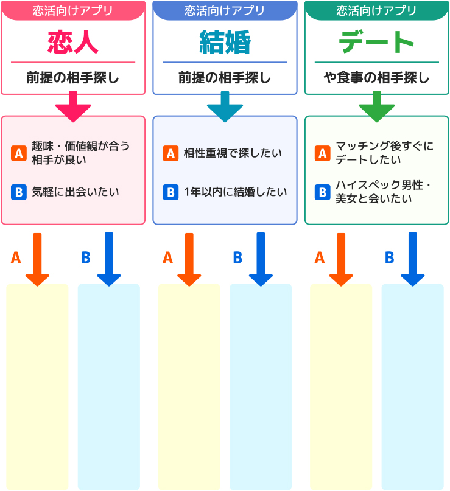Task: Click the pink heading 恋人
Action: pyautogui.click(x=72, y=42)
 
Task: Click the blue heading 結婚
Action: pyautogui.click(x=225, y=42)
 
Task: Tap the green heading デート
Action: pyautogui.click(x=376, y=42)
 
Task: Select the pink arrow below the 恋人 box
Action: pyautogui.click(x=73, y=106)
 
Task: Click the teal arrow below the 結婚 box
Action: pyautogui.click(x=225, y=106)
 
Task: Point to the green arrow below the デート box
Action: pyautogui.click(x=376, y=106)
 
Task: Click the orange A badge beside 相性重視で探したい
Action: pyautogui.click(x=171, y=153)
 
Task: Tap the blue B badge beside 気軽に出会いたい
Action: pyautogui.click(x=18, y=192)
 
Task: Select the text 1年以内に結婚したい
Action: pyautogui.click(x=235, y=192)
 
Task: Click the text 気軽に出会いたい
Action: pyautogui.click(x=76, y=192)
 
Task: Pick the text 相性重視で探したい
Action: pyautogui.click(x=233, y=153)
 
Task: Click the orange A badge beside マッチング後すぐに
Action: pyautogui.click(x=322, y=153)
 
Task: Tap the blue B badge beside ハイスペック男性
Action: pyautogui.click(x=322, y=192)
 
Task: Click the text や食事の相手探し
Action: pyautogui.click(x=376, y=78)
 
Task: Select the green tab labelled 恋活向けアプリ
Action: pyautogui.click(x=376, y=10)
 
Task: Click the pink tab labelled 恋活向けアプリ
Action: pyautogui.click(x=72, y=10)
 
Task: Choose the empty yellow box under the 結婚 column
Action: pyautogui.click(x=189, y=386)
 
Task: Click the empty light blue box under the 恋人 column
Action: pyautogui.click(x=108, y=386)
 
